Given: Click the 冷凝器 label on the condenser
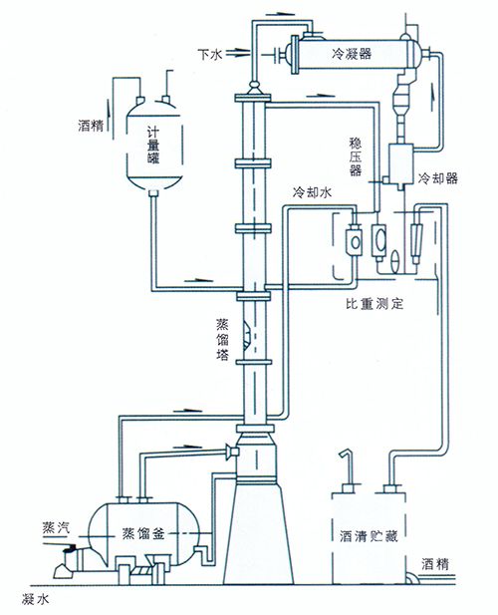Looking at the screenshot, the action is coord(352,54).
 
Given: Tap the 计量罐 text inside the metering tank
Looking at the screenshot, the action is coord(153,145).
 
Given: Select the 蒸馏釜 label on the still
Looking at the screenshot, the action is coord(143,534).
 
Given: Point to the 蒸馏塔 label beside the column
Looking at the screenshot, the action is coord(222,340).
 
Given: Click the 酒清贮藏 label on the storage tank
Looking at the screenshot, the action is coord(370,536).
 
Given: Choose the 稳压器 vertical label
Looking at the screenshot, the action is coord(356,156).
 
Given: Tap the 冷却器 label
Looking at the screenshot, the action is coord(437,178).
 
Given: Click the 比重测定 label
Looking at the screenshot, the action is coord(374,303).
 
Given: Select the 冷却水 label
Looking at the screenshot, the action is coord(313,192).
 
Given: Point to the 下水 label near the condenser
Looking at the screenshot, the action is coord(210,54).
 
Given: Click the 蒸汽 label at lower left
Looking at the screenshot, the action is coord(56,527).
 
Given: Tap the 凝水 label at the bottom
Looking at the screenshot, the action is coord(35,599).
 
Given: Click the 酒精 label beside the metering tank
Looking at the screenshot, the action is coord(91,126).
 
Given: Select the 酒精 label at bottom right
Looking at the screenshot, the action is coord(435,564).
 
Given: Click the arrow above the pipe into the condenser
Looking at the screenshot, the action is coord(280,14).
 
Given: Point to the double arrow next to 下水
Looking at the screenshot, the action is coord(237,54).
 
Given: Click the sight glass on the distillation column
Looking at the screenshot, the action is coord(246,334).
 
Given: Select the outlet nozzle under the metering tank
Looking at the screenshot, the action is coord(153,193).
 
